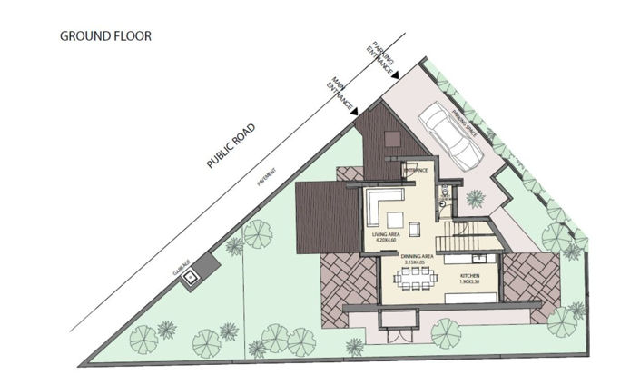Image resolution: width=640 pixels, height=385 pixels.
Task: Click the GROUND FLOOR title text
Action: pyautogui.click(x=105, y=36)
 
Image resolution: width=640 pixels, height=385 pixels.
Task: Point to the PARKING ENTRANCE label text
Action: pyautogui.click(x=383, y=56)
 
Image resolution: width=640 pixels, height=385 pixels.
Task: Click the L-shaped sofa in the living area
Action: pyautogui.click(x=383, y=206)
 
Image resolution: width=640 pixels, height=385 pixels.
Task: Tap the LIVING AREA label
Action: pyautogui.click(x=389, y=238)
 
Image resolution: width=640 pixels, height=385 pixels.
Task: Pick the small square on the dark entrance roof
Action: pyautogui.click(x=390, y=138)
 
